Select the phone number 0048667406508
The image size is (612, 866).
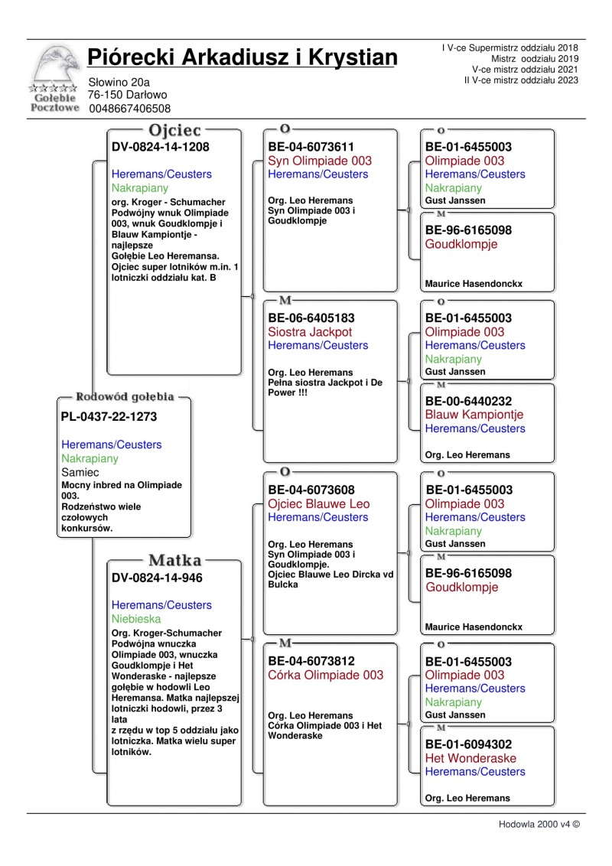[129, 109]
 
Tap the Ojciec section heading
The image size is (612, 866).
[175, 130]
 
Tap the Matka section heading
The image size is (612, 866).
[175, 561]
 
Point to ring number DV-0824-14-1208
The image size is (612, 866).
[161, 147]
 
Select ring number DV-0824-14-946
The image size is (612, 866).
[157, 578]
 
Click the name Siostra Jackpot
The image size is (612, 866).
[310, 332]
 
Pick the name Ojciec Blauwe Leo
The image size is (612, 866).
[318, 503]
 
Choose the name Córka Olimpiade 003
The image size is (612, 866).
[325, 675]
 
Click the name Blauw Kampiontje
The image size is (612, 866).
[474, 415]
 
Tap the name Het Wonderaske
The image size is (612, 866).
[470, 758]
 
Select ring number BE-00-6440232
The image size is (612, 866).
[469, 401]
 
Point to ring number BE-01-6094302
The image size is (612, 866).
[469, 744]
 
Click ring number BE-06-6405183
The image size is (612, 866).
[311, 317]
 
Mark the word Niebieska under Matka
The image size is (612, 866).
[140, 619]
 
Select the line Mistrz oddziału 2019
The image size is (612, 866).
[535, 58]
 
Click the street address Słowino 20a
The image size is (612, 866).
[119, 82]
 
